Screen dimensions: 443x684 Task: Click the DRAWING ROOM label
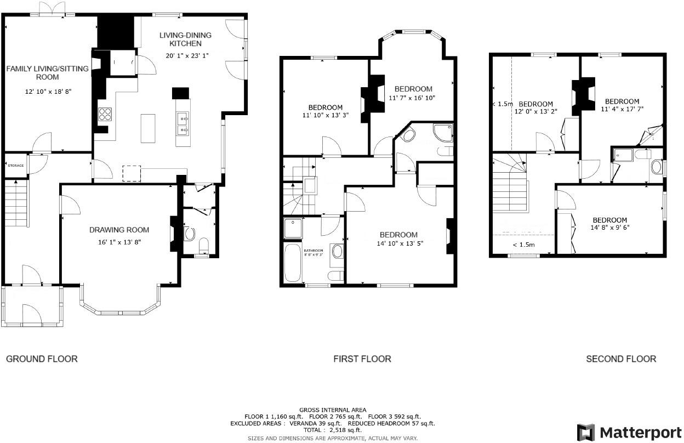pos(119,230)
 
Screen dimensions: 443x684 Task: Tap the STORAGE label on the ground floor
pos(15,165)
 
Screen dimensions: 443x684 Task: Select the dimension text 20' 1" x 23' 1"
pos(187,55)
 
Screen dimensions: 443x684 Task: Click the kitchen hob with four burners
pos(105,114)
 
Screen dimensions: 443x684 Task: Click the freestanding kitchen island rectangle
pos(148,128)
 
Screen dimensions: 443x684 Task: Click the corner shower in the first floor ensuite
pos(443,132)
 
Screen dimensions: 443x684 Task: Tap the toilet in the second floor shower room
pos(657,166)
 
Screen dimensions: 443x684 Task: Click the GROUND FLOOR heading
pos(42,359)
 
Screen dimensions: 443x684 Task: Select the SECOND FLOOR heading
pos(620,359)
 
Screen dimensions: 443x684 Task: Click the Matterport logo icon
pos(586,431)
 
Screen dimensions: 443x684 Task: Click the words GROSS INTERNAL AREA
pos(333,410)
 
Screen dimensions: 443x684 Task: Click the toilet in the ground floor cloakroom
pos(202,245)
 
